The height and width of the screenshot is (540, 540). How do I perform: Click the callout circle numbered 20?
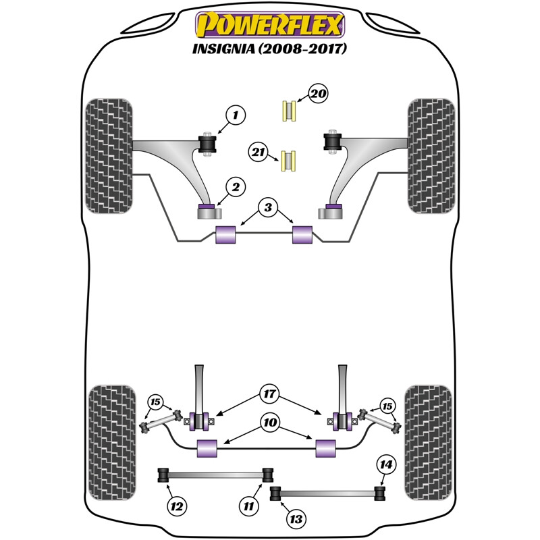tap(318, 94)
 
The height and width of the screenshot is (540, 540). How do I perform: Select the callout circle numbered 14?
tap(387, 464)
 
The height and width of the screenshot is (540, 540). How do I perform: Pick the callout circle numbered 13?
tap(296, 519)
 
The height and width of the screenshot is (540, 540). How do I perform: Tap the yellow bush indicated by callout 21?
tap(291, 160)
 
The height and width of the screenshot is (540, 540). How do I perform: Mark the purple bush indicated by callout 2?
tap(207, 206)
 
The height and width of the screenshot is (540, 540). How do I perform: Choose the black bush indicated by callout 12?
tap(163, 475)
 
